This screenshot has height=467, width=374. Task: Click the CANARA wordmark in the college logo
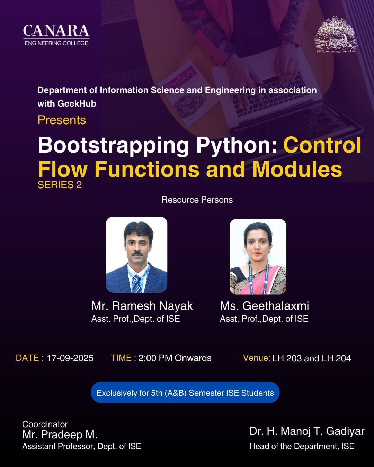(56, 30)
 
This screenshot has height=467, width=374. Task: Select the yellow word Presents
(62, 120)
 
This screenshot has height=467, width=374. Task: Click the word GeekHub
(77, 103)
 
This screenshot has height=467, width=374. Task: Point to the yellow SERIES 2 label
(60, 185)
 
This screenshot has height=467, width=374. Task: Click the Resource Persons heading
(197, 200)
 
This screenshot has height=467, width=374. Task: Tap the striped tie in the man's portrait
(137, 283)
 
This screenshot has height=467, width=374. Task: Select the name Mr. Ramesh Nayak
(142, 306)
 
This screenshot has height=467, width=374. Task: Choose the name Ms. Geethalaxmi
(264, 306)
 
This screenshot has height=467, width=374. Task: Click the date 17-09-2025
(70, 358)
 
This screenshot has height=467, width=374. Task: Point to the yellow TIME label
(123, 358)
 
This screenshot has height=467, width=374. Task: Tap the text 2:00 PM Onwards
(175, 358)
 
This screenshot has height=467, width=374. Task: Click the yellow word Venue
(256, 358)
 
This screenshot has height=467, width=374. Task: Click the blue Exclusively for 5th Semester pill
(185, 393)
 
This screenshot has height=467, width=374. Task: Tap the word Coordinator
(45, 424)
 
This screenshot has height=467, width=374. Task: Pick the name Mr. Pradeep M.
(60, 434)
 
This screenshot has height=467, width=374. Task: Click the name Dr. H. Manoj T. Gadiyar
(307, 431)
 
